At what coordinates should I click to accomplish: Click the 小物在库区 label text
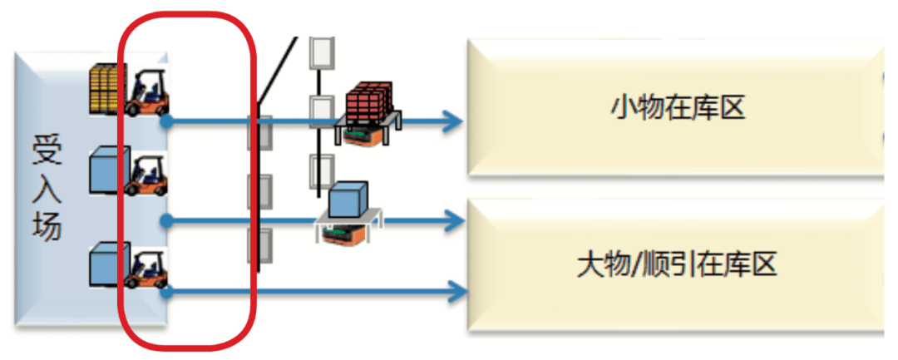pos(678,108)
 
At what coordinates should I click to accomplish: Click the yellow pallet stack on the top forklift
pos(110,89)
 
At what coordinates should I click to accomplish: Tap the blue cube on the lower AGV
pos(348,200)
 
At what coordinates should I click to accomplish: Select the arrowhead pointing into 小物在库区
pos(453,121)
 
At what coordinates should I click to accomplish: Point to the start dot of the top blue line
pos(166,121)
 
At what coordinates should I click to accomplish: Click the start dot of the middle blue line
pos(166,220)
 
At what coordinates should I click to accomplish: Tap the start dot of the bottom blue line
pos(166,293)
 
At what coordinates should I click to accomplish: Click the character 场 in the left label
pos(47,227)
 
